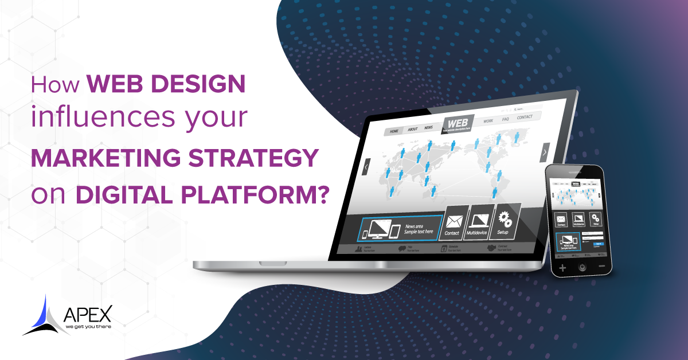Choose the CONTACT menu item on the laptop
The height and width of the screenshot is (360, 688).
tap(524, 118)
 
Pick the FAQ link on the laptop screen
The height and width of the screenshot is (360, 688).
tap(505, 120)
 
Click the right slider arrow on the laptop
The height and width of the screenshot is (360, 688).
tap(544, 152)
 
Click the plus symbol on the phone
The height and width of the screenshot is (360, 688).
tap(562, 268)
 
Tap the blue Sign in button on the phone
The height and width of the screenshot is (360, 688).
tap(599, 244)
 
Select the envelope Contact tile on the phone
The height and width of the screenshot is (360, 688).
tap(561, 219)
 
